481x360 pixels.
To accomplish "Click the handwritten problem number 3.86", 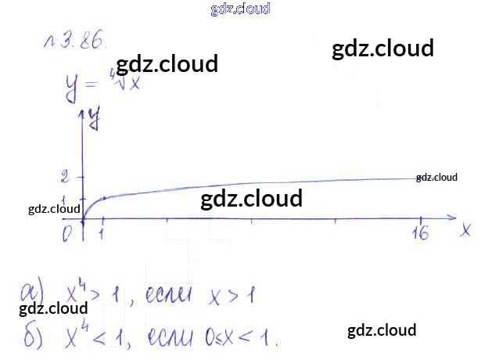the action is coord(74,44).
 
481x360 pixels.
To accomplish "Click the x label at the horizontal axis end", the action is coord(465,229).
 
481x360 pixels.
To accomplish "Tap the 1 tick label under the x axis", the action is coord(102,233).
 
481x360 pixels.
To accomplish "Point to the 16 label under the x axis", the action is coord(421,234).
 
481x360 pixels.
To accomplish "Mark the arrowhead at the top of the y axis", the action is coord(83,114).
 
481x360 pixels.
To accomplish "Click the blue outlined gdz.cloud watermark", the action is coord(240,9).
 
